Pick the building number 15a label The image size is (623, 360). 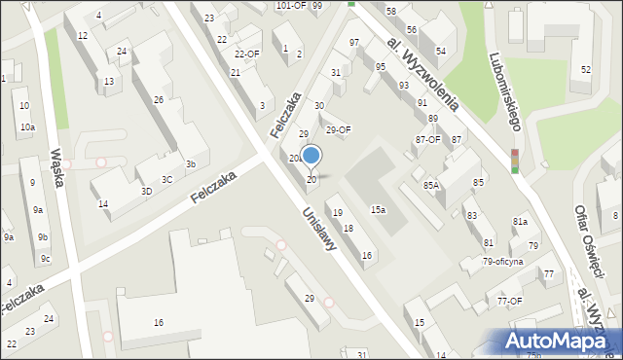coord(378,209)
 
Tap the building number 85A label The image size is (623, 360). coord(431,185)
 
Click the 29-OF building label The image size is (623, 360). coord(338,129)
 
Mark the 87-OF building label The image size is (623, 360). coord(427,139)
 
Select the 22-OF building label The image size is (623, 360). coord(247,54)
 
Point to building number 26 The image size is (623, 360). coord(159,100)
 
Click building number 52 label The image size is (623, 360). coord(585,69)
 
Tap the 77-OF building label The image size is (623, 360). coord(510,301)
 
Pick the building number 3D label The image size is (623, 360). coord(146,191)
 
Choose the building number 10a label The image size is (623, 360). coord(27,127)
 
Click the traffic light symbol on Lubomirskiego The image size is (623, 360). coord(514,162)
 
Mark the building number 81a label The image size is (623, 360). coord(520,223)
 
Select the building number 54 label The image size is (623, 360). coord(441,51)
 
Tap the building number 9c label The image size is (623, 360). coord(45,258)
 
